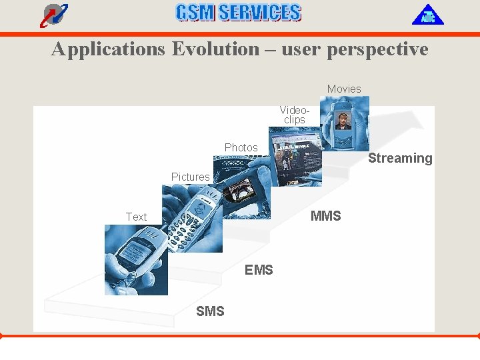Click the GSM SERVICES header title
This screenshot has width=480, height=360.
[x=238, y=13]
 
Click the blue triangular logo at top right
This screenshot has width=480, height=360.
[x=427, y=15]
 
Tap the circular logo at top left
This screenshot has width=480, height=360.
[x=53, y=14]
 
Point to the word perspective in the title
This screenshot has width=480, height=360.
[x=377, y=49]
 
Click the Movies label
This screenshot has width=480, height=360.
[x=344, y=89]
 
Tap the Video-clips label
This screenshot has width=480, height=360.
[x=294, y=115]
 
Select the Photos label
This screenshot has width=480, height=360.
[x=241, y=147]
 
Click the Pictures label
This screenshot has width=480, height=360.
[x=190, y=177]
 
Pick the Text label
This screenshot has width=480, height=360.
[x=136, y=217]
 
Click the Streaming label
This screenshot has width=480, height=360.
[x=400, y=158]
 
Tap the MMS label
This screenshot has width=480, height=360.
[x=325, y=215]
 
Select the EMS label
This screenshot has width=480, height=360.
[x=259, y=269]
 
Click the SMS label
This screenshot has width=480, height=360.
[x=210, y=311]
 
